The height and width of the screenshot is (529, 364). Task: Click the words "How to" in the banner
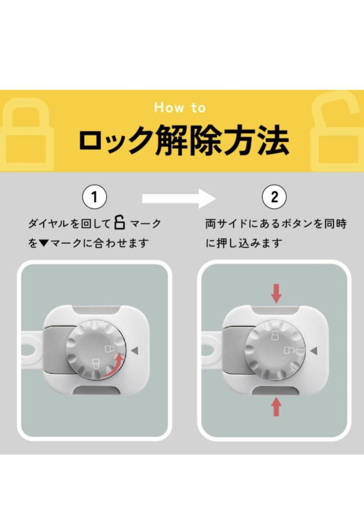[180, 108]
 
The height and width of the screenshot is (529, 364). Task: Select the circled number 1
[95, 197]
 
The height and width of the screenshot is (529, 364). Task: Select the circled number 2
[274, 197]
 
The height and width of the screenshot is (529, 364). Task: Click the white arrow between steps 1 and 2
[179, 199]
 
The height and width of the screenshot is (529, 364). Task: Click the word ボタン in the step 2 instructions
[294, 224]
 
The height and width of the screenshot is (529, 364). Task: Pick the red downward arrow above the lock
[276, 294]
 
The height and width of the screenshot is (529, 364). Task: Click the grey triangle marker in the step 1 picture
[135, 350]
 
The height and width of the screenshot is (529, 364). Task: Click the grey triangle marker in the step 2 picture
[313, 351]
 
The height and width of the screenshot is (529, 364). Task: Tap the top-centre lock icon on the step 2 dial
[275, 335]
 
